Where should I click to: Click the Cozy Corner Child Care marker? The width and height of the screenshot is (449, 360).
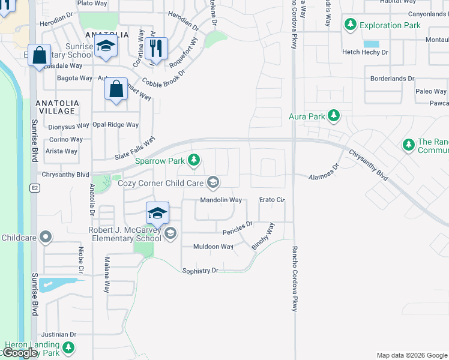(212, 182)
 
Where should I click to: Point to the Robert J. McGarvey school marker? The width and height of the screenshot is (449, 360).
(170, 233)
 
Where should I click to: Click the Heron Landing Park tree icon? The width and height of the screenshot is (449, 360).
(68, 347)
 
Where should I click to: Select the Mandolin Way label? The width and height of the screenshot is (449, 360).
(221, 200)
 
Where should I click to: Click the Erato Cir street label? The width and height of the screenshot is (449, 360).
(271, 200)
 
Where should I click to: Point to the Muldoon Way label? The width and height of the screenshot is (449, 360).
(213, 247)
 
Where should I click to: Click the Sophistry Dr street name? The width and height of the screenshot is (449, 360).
(200, 271)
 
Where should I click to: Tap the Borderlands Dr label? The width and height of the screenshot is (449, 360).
(392, 79)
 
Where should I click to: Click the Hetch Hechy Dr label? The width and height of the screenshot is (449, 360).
(366, 52)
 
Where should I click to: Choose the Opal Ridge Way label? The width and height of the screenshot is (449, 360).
(115, 125)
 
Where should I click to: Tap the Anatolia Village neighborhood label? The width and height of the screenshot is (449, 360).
(56, 107)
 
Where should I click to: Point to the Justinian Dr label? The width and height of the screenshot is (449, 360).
(58, 334)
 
